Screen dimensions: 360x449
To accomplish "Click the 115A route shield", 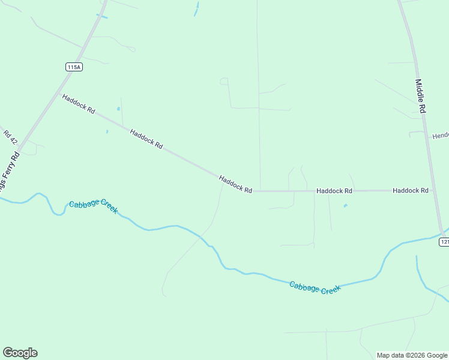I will coord(74,67).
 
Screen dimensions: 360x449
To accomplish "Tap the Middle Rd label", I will coord(420,96).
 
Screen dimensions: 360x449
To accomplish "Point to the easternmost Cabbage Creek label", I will coord(315,287).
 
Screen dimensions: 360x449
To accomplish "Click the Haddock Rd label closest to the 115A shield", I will coord(79,103).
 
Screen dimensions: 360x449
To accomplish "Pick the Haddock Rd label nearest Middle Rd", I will coord(411,190).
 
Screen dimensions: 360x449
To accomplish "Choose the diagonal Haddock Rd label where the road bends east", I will coord(235,184).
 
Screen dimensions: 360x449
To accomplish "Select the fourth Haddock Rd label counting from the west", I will coord(334,191).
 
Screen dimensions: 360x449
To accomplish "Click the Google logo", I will coord(20,353).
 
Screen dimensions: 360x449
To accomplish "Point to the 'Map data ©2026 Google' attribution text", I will coord(412,355).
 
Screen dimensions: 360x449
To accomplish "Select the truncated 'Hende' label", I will coord(440,136).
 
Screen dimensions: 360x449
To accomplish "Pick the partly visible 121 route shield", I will coord(444,241).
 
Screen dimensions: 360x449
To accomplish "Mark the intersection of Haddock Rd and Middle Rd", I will coord(433,190).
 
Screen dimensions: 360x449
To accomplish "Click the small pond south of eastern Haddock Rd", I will coord(345,206).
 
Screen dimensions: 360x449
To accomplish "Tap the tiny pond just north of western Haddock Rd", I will coord(118,109).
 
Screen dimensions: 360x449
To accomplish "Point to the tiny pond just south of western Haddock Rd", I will coord(107,131).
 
